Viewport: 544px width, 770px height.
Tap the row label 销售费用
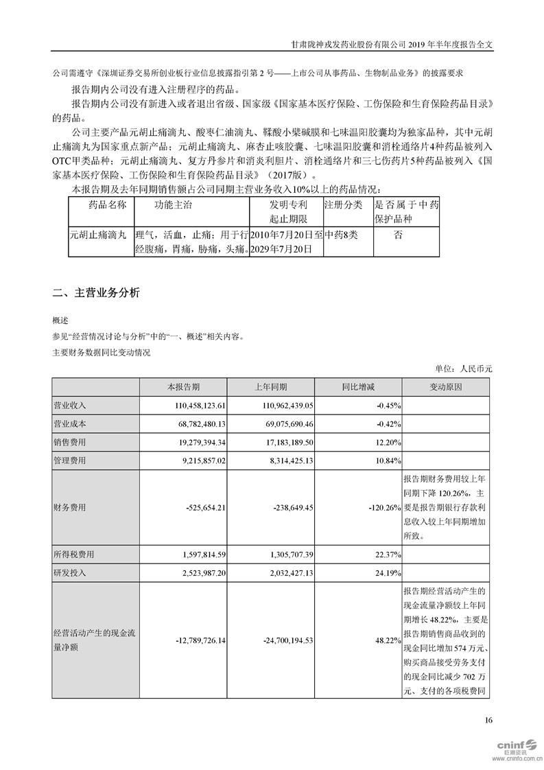[x=69, y=442]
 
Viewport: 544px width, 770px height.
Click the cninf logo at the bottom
[x=506, y=747]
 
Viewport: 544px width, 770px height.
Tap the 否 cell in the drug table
[x=398, y=235]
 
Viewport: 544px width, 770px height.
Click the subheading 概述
[x=60, y=320]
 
